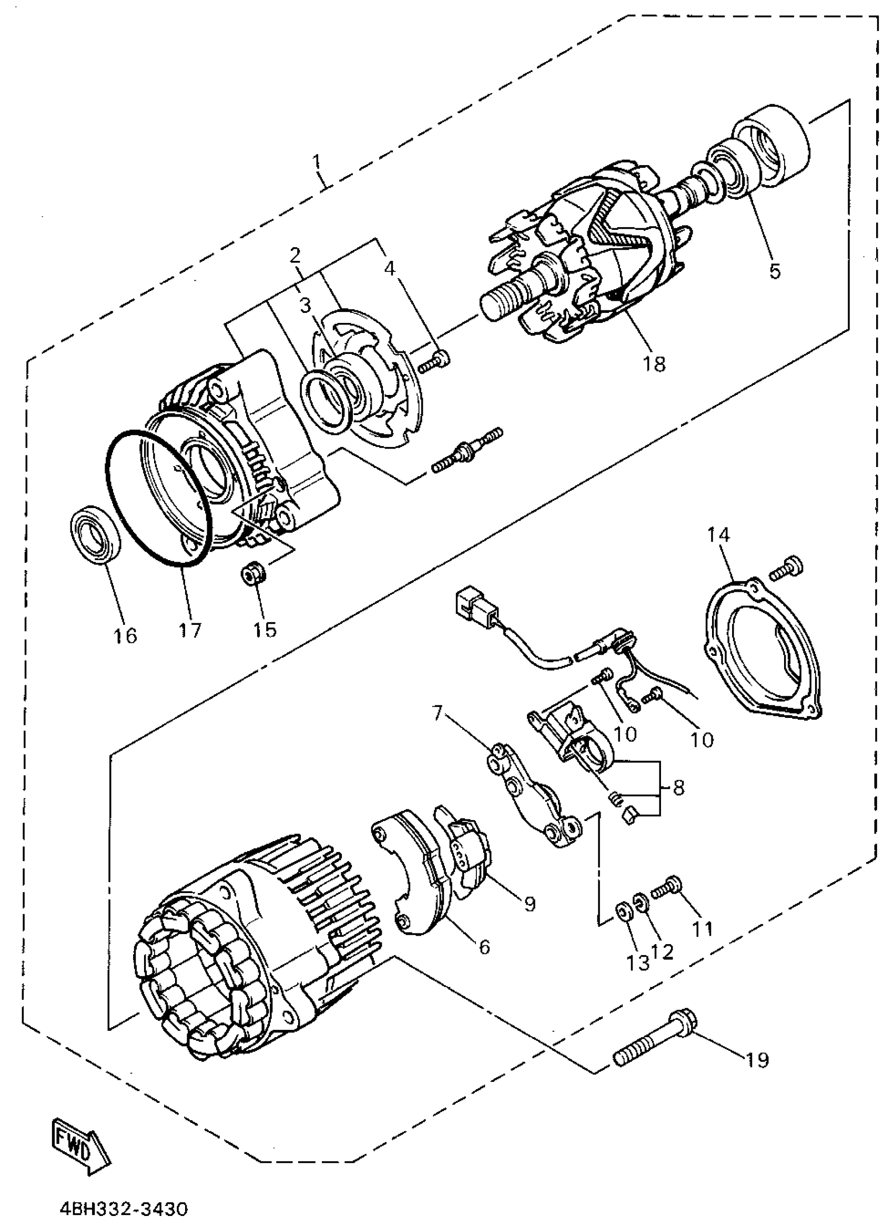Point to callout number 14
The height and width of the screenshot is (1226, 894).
[718, 535]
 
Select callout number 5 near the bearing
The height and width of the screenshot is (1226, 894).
[775, 271]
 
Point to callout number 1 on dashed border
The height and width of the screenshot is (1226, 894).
[316, 161]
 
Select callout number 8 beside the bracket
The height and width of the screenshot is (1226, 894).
[678, 787]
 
